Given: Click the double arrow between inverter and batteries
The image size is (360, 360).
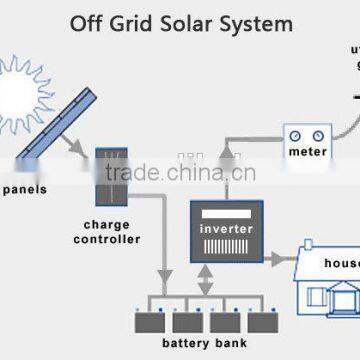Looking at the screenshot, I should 206,283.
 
